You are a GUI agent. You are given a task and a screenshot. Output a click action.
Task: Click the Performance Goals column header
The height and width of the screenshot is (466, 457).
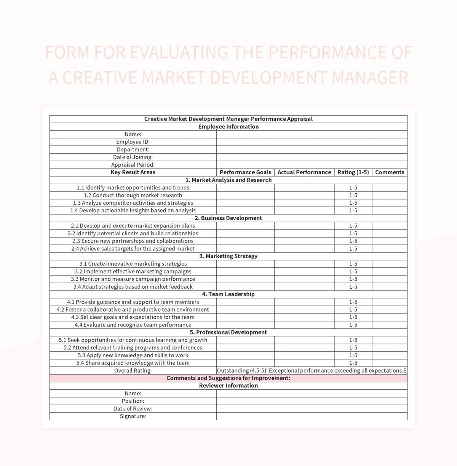click(245, 172)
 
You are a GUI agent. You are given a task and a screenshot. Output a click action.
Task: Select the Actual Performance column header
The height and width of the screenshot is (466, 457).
click(304, 172)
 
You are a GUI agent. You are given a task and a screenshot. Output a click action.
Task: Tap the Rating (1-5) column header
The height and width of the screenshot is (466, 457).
click(353, 172)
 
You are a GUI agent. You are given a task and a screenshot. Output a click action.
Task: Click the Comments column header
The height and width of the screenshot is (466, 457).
click(389, 172)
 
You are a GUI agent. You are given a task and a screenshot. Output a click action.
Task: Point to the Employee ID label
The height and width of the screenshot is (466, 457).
click(133, 142)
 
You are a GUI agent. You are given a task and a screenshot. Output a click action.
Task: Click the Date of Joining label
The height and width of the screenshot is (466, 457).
click(133, 157)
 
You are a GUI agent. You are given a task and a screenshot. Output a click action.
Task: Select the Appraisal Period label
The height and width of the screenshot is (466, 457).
click(133, 165)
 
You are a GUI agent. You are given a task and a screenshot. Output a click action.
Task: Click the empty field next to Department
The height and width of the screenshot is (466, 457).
click(312, 149)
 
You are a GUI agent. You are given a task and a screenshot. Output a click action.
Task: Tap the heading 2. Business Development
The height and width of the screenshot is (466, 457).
click(228, 218)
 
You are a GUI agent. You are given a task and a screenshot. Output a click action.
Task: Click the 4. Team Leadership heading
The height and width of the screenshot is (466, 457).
click(228, 294)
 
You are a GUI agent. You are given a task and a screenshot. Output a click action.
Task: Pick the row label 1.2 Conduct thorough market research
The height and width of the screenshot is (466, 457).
click(133, 195)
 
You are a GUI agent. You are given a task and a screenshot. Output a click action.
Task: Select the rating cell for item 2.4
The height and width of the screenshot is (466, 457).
click(353, 249)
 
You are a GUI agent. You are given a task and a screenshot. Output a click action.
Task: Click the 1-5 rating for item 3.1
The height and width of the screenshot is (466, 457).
click(353, 264)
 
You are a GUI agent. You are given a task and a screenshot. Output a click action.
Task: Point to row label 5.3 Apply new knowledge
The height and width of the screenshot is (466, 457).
click(133, 355)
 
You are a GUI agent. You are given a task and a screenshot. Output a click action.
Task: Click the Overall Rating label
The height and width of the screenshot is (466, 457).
click(133, 371)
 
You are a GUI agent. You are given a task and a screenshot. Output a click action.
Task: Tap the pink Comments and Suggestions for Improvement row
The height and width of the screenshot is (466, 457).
click(228, 378)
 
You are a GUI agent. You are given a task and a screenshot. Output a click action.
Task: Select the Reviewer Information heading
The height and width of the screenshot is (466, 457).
click(228, 386)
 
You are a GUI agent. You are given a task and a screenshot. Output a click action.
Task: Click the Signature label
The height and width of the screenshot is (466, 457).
click(133, 416)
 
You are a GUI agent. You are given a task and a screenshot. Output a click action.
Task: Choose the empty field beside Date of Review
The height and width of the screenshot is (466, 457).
click(312, 409)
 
